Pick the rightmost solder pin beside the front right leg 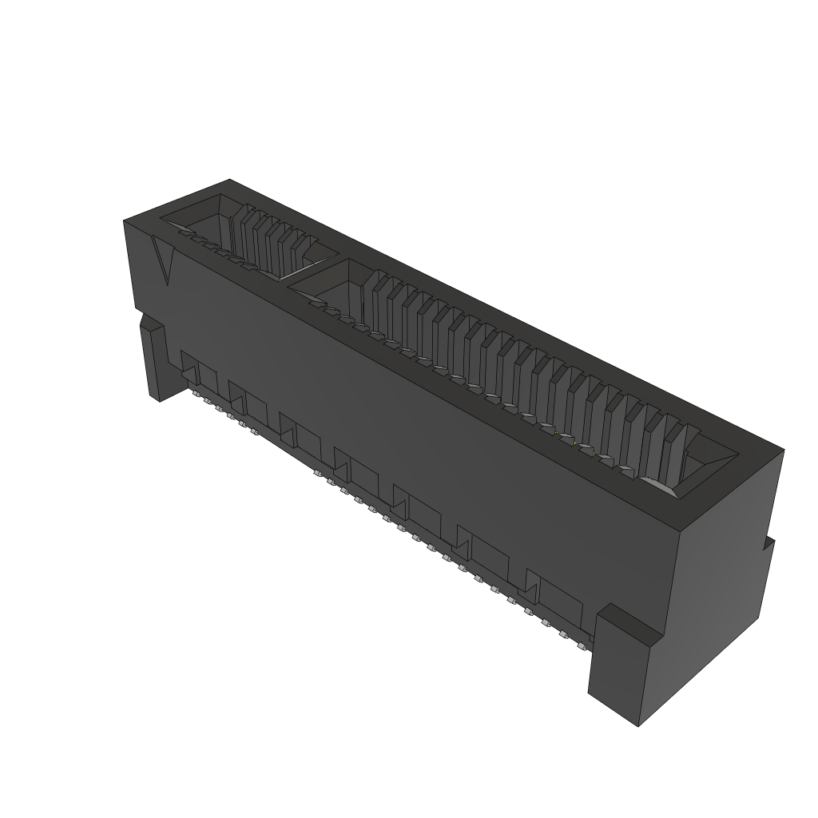tap(584, 640)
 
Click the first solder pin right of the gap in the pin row tap(319, 476)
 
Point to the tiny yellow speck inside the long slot tap(575, 443)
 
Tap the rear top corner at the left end tap(230, 180)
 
